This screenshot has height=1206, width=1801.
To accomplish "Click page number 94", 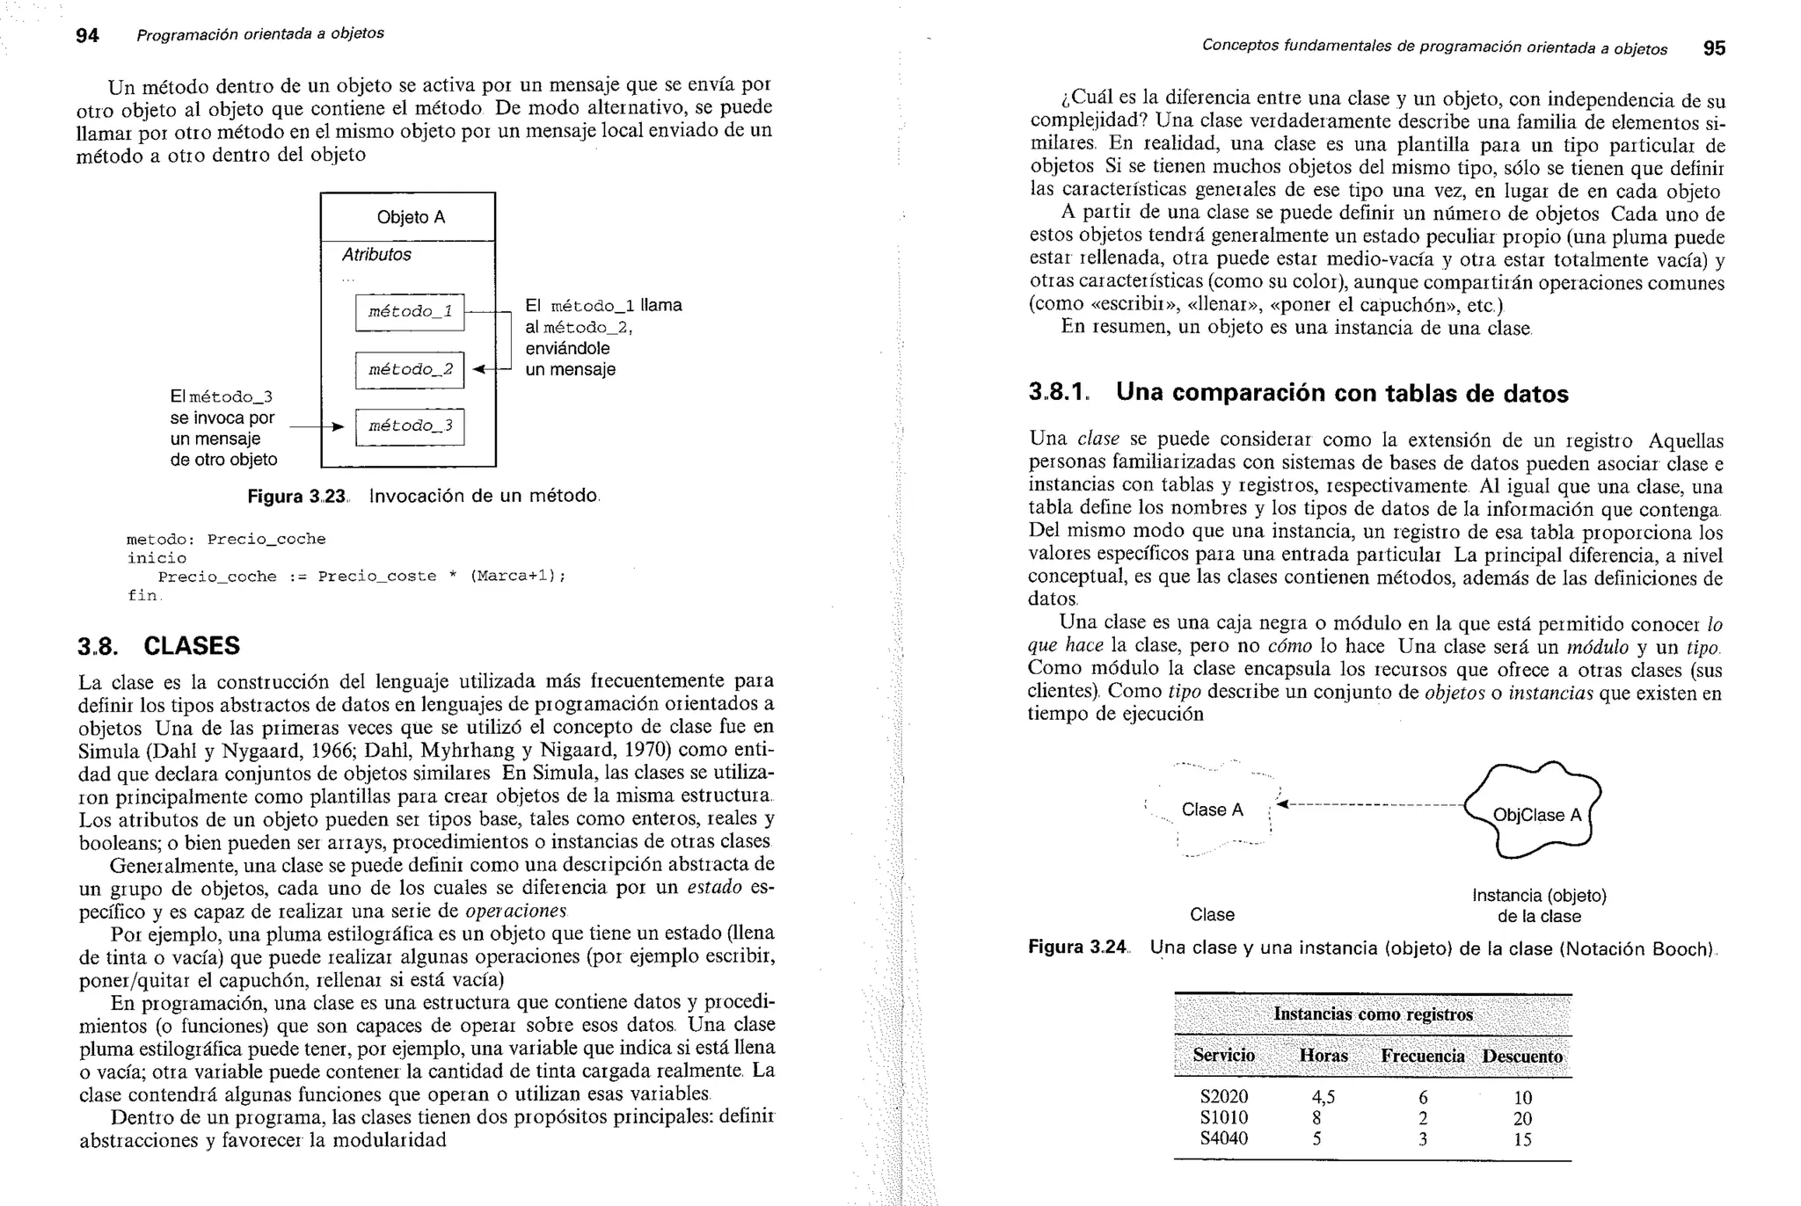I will point(87,35).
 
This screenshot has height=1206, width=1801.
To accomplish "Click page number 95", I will point(1714,48).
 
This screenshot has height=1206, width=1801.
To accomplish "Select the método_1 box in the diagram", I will point(410,312).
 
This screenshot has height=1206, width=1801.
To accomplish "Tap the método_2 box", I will point(410,369).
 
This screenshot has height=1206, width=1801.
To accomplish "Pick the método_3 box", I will point(410,426).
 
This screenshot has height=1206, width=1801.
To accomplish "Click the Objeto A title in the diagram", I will point(411,217).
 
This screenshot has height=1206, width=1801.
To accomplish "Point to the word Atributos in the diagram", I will point(376,255).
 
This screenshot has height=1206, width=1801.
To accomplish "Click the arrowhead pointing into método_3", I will point(338,427).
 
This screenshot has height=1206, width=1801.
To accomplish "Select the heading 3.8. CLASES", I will point(159,646).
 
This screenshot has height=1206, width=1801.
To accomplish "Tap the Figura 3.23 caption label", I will point(296,497).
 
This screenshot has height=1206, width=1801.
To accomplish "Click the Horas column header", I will point(1323,1056).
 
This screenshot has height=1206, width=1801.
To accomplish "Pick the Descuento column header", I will point(1522,1057).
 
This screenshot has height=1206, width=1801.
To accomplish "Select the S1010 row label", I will point(1224,1118).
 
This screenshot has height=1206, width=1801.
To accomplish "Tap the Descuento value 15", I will point(1522,1139).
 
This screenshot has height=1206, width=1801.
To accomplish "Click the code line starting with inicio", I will point(157,558).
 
